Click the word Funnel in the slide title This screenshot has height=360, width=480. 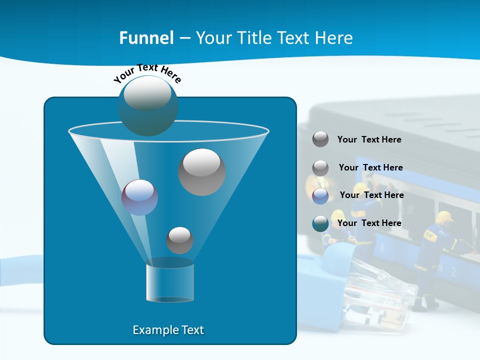(x=146, y=38)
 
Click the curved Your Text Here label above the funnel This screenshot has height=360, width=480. (x=147, y=72)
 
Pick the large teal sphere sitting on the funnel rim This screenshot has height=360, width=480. (x=148, y=106)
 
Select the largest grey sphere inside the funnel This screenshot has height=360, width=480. (x=201, y=172)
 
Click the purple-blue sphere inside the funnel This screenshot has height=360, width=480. (x=139, y=197)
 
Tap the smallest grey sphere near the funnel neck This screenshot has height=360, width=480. (x=179, y=240)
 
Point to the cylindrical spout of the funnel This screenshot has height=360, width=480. (x=169, y=282)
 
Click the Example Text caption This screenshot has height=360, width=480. (x=168, y=330)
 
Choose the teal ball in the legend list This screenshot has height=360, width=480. (x=320, y=223)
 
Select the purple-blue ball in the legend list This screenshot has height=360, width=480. (x=320, y=196)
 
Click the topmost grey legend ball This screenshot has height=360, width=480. (x=320, y=139)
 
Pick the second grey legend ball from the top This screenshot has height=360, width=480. (x=320, y=168)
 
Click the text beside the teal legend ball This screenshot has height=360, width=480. (x=369, y=223)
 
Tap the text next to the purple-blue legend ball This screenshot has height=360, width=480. (x=371, y=195)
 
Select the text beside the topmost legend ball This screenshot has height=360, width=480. (x=369, y=139)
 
